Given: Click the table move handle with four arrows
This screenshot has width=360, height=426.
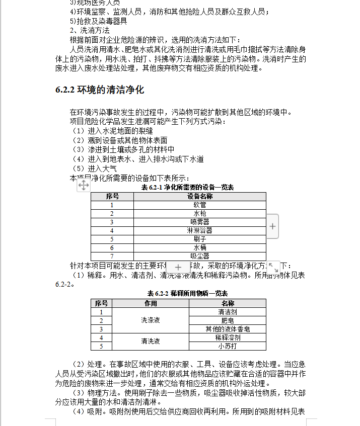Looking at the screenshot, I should pyautogui.click(x=84, y=186).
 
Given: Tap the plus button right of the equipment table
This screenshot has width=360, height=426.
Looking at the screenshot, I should pyautogui.click(x=272, y=226).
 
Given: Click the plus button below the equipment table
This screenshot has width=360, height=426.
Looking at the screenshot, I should pyautogui.click(x=177, y=268).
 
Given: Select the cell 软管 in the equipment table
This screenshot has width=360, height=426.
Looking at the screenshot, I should pyautogui.click(x=200, y=205).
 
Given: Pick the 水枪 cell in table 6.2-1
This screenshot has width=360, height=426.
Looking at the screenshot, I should pyautogui.click(x=200, y=213).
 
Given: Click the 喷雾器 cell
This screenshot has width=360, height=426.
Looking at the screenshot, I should pyautogui.click(x=200, y=222).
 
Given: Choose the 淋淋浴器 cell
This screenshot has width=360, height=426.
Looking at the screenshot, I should pyautogui.click(x=200, y=230).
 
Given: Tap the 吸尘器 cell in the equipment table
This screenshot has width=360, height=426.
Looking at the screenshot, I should pyautogui.click(x=200, y=256).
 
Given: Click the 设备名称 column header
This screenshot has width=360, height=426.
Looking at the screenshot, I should pyautogui.click(x=200, y=196).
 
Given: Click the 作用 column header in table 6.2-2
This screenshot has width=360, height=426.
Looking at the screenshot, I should pyautogui.click(x=151, y=303).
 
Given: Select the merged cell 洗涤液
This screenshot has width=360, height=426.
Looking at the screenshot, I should pyautogui.click(x=151, y=320).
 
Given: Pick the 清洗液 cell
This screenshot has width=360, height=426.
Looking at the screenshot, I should pyautogui.click(x=151, y=341).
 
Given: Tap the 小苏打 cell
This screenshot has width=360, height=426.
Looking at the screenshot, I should pyautogui.click(x=228, y=346).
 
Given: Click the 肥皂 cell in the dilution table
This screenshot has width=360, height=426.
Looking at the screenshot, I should pyautogui.click(x=228, y=320).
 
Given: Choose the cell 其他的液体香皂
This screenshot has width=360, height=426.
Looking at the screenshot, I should pyautogui.click(x=228, y=329).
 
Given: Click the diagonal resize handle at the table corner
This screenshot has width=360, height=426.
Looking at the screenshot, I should pyautogui.click(x=272, y=267).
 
